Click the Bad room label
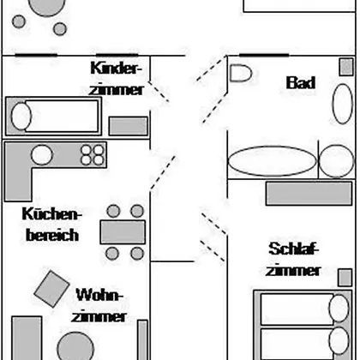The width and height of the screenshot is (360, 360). [301, 82]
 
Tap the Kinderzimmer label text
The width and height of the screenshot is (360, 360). [116, 79]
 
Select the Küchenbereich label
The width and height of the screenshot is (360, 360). [51, 225]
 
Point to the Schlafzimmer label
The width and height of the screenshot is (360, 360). [293, 260]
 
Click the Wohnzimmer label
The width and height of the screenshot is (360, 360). [99, 305]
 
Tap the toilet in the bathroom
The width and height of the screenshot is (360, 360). [241, 73]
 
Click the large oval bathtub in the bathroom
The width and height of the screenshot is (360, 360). [273, 161]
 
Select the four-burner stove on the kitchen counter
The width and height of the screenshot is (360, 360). [93, 155]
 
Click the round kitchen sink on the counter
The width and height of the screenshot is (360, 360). [42, 155]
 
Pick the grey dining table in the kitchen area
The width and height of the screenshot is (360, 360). [123, 232]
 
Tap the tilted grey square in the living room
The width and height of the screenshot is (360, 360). [51, 289]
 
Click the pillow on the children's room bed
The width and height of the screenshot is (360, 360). [21, 117]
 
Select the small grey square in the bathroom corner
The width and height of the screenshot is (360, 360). [346, 67]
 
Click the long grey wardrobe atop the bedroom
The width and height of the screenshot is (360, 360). [309, 194]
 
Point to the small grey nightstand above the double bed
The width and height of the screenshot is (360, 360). [345, 278]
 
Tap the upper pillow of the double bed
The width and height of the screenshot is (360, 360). [339, 309]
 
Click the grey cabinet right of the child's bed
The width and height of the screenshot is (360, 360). [129, 126]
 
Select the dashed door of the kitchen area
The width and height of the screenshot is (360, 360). [163, 172]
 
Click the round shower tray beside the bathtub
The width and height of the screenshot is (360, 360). [336, 161]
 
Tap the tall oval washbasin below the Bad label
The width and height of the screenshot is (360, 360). [343, 104]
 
